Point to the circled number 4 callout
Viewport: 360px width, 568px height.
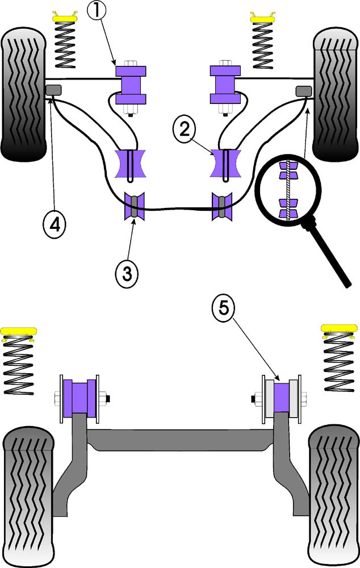(55, 225)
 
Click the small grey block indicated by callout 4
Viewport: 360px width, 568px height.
(54, 90)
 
